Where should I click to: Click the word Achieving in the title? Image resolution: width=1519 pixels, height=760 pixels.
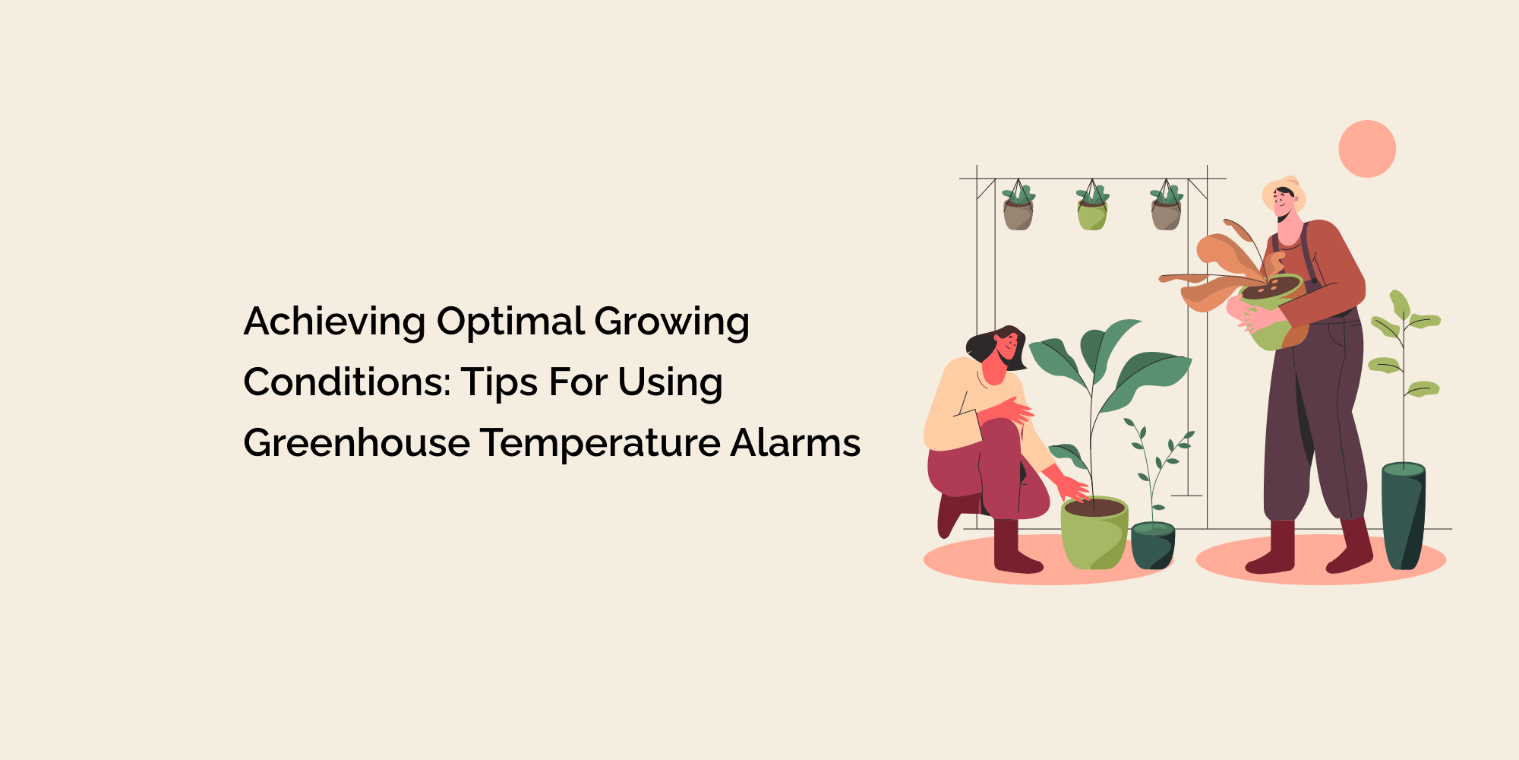pyautogui.click(x=334, y=321)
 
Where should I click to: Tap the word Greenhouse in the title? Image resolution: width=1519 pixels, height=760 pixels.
pyautogui.click(x=356, y=443)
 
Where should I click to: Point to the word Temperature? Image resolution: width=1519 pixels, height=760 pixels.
pyautogui.click(x=600, y=443)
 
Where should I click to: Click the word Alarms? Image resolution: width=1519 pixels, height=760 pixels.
pyautogui.click(x=795, y=443)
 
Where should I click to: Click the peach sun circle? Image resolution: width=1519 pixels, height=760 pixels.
pyautogui.click(x=1367, y=149)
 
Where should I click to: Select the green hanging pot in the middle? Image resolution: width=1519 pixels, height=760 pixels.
pyautogui.click(x=1091, y=216)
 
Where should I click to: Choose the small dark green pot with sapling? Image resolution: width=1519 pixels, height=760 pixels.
pyautogui.click(x=1152, y=546)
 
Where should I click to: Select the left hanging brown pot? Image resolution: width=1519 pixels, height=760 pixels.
pyautogui.click(x=1018, y=215)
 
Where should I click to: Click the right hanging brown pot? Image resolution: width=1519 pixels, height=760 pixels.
pyautogui.click(x=1165, y=215)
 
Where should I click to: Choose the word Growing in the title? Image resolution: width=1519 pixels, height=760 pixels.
pyautogui.click(x=671, y=321)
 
